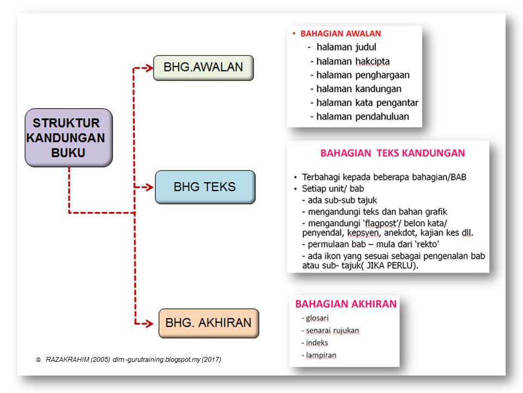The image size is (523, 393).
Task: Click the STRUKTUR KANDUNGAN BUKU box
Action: coord(69,138)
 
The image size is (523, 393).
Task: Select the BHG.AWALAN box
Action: coord(203,68)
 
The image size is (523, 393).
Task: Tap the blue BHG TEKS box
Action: coord(205,187)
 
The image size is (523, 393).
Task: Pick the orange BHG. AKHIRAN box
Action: coord(209,323)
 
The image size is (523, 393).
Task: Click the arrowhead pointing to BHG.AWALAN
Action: coord(149,68)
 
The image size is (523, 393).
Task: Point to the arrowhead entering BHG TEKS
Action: coord(150,187)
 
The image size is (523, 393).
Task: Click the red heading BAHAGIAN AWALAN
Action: coord(340,34)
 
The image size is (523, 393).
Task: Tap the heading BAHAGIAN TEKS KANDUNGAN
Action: coord(392,153)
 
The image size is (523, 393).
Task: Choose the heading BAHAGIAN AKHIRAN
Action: coord(346,304)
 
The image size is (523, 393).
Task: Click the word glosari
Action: coord(317,318)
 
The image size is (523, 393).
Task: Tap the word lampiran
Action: coord(321,355)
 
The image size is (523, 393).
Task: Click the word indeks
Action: coord(317,343)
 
